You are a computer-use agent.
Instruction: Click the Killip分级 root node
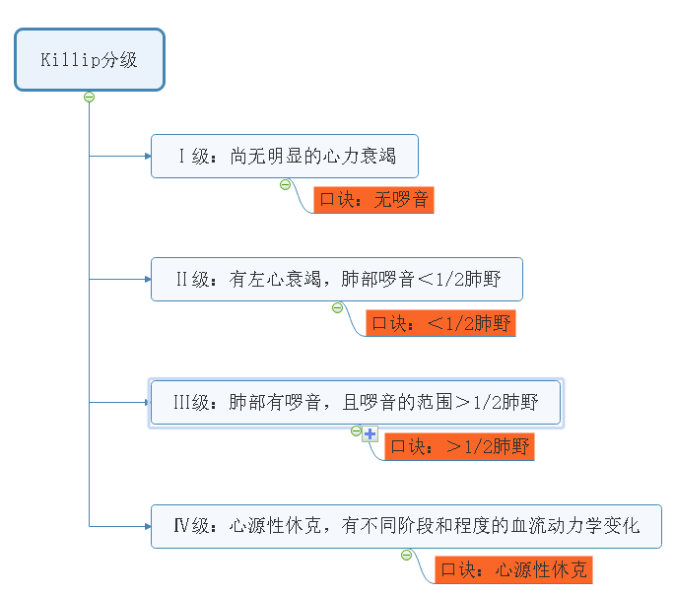click(x=89, y=60)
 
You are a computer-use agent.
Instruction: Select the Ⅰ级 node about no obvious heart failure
click(x=284, y=157)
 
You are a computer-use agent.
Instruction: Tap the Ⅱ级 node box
click(x=336, y=280)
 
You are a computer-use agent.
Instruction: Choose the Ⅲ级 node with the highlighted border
click(x=355, y=402)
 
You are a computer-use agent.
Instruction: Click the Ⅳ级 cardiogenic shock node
click(x=405, y=526)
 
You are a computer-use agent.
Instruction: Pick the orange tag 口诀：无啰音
click(x=373, y=200)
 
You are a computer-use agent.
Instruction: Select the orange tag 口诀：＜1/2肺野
click(x=440, y=323)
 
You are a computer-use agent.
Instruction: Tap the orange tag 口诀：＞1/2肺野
click(x=459, y=446)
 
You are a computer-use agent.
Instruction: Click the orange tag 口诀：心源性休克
click(x=513, y=569)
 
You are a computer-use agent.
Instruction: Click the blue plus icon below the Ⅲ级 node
click(x=371, y=433)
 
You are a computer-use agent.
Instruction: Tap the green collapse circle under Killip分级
click(x=89, y=97)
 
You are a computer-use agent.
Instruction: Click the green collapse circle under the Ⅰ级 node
click(x=285, y=184)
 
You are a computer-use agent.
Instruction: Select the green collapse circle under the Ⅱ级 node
click(x=337, y=307)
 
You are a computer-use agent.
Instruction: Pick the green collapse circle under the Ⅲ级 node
click(x=356, y=430)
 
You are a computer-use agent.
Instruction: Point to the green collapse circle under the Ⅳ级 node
click(x=406, y=555)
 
